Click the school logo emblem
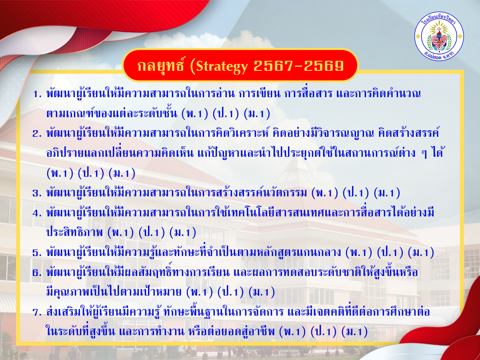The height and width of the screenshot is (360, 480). pos(439,36)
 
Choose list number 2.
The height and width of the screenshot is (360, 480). pos(37,134)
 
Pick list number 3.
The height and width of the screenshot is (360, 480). pos(37,193)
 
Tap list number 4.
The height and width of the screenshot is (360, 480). pos(37,213)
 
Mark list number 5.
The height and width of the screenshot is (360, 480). pos(37,253)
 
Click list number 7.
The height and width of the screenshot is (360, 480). pos(37,312)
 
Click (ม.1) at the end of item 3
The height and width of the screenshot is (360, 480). pos(387,193)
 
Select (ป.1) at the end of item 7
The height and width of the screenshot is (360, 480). pos(324,332)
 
